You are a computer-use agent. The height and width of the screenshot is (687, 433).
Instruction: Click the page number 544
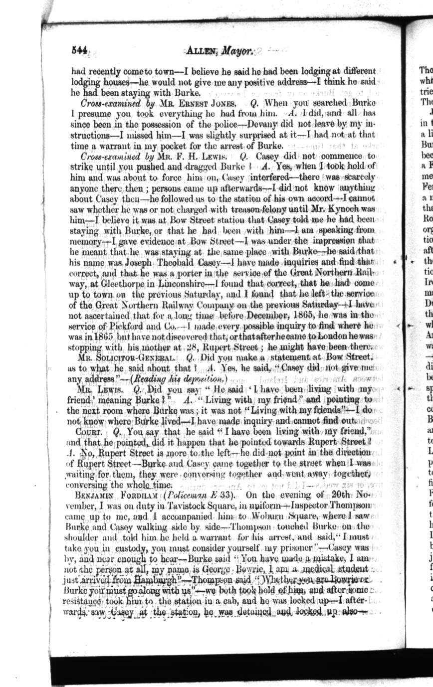(79, 50)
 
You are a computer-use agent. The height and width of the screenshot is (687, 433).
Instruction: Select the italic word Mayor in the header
(238, 50)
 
